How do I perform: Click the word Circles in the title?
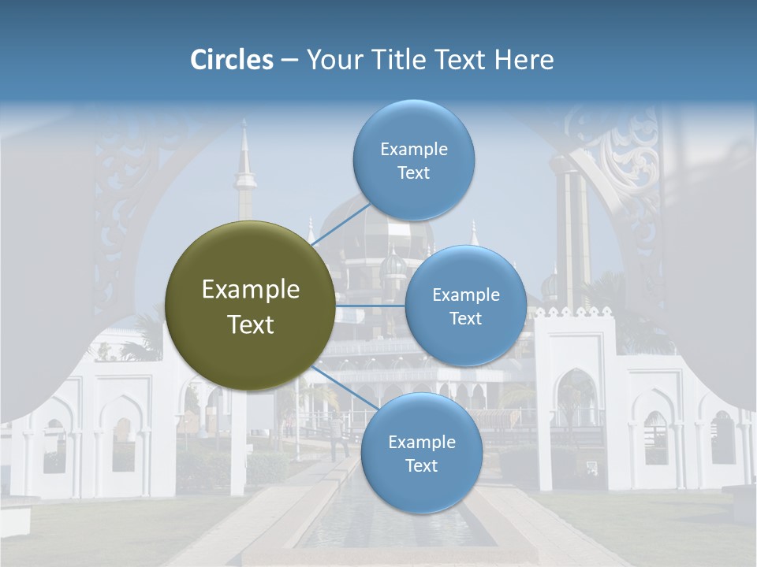point(232,59)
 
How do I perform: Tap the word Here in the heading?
point(524,59)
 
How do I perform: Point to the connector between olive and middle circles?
point(371,306)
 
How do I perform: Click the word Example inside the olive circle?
point(250,290)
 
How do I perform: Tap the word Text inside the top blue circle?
point(414,172)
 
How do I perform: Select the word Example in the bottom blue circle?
point(422,442)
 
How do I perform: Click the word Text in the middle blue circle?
point(466,318)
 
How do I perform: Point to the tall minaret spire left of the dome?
point(245,173)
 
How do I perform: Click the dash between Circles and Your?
point(289,60)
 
